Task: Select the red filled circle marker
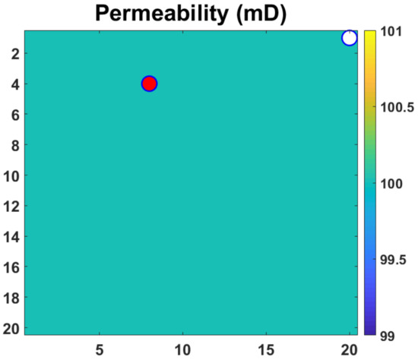149,84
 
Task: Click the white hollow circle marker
350,38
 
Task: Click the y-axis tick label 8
15,145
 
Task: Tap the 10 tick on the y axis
12,175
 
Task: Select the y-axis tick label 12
12,206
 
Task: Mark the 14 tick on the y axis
12,236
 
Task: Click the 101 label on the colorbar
391,32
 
